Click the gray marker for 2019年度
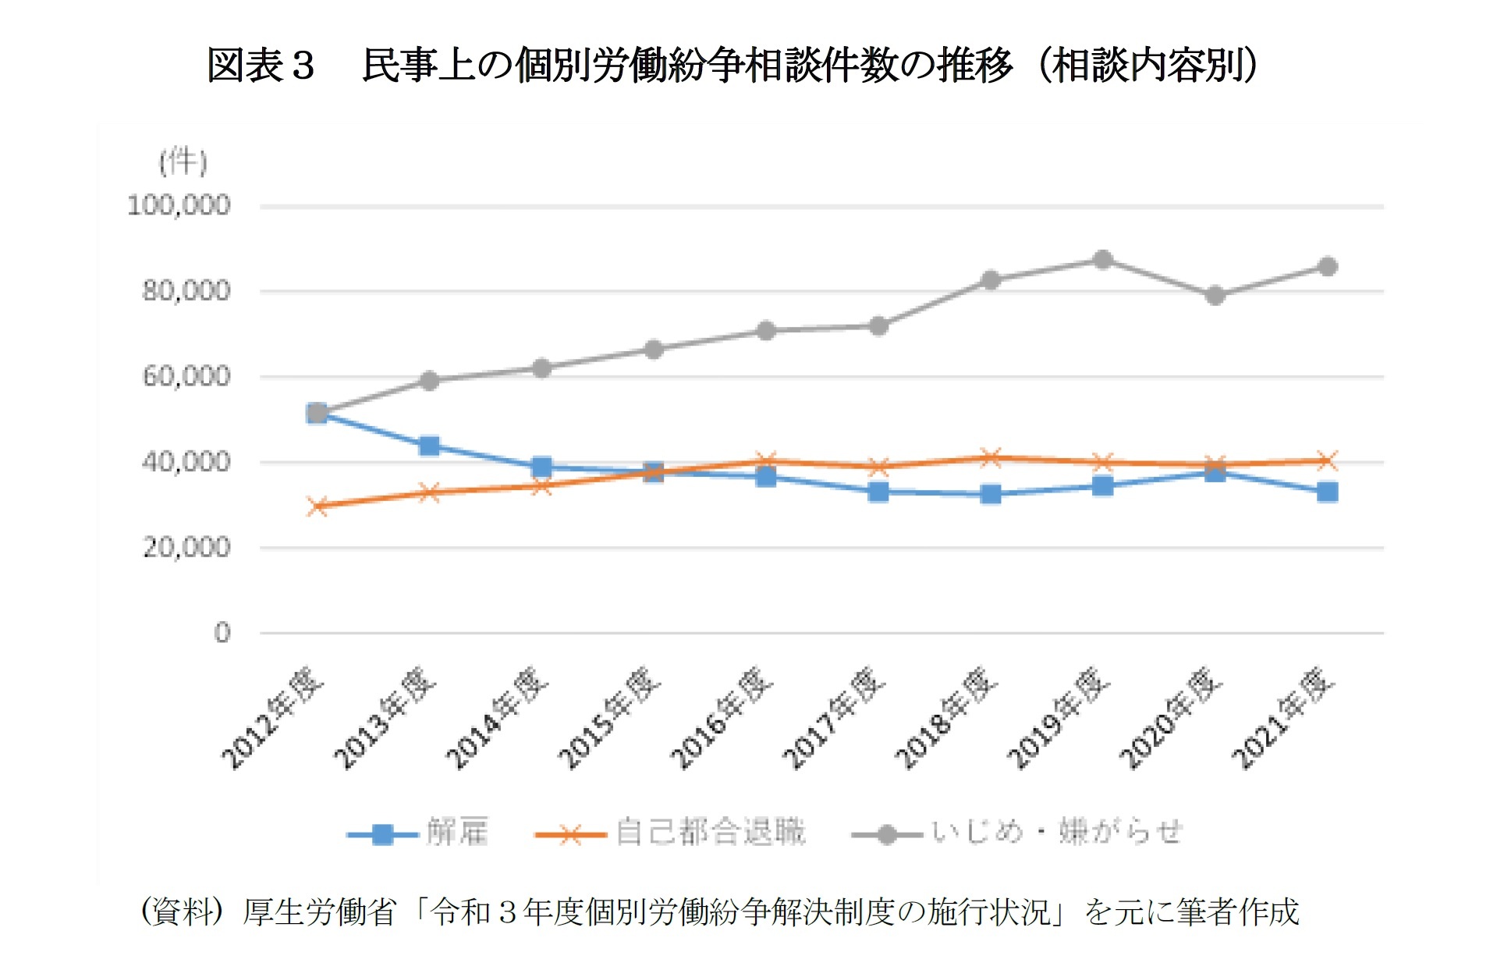(x=1102, y=260)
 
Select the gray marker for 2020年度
(x=1215, y=296)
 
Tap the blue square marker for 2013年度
(x=429, y=446)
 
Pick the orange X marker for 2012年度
(x=317, y=506)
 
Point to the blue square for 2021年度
(x=1327, y=492)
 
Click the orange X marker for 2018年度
(x=990, y=457)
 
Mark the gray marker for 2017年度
(x=878, y=326)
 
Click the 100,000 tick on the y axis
(x=179, y=206)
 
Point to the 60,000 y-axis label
(x=186, y=377)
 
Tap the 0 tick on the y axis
(x=222, y=633)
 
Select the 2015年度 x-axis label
(x=608, y=718)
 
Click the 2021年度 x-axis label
(x=1282, y=718)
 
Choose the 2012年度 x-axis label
(x=271, y=718)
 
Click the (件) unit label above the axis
(x=183, y=162)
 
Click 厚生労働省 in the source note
(x=320, y=911)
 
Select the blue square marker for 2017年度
(x=878, y=492)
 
